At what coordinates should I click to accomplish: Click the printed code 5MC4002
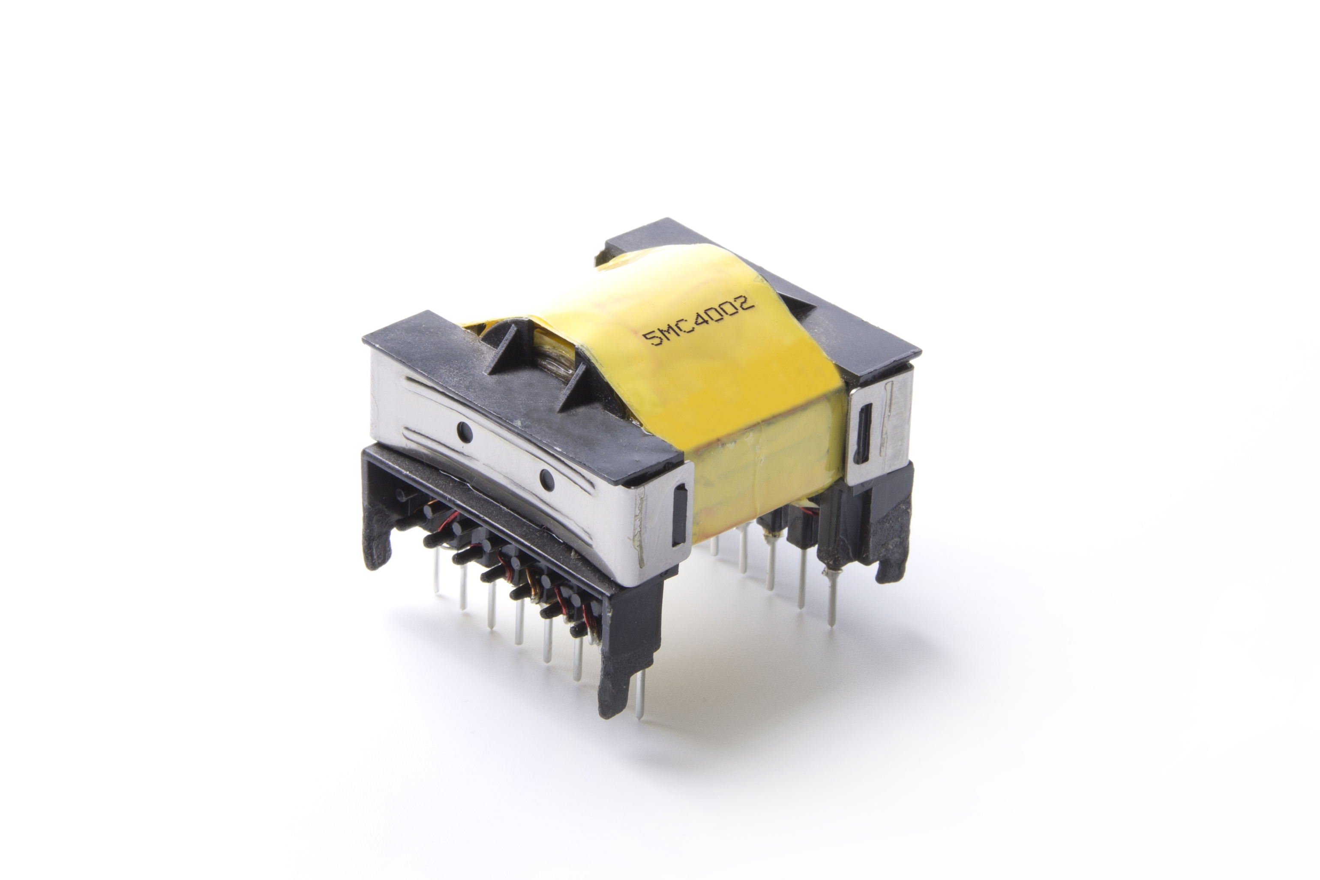point(699,323)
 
